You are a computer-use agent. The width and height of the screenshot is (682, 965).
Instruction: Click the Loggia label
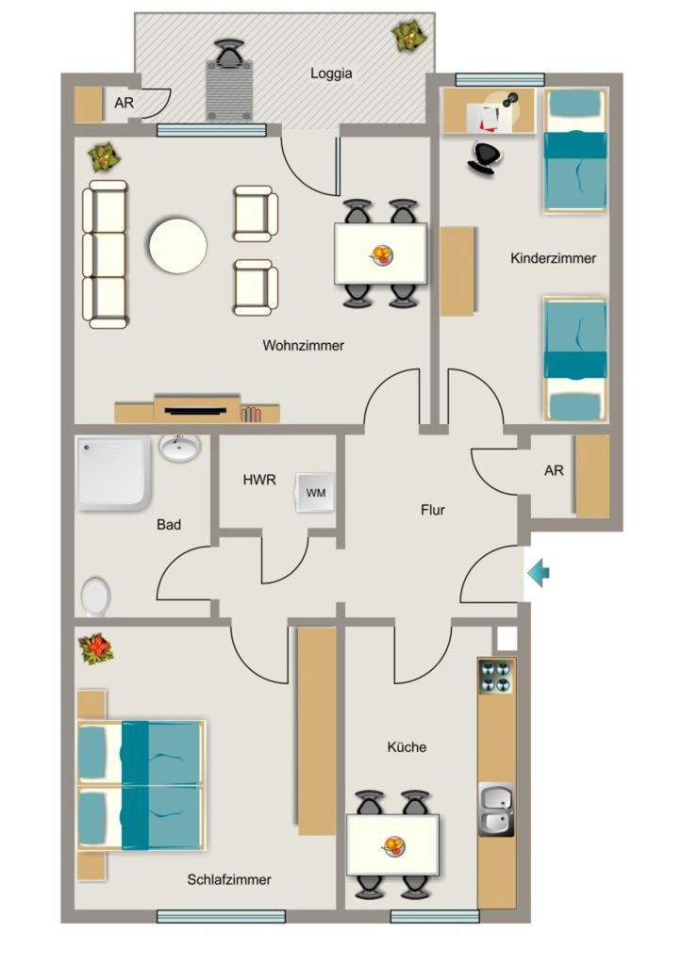point(331,74)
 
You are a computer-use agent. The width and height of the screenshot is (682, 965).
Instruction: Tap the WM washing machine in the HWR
point(315,492)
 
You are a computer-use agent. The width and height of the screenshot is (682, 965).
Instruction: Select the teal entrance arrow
point(538,574)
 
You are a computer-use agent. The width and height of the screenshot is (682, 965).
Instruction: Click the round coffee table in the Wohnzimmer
point(178,246)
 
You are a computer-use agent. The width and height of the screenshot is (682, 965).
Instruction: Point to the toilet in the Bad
point(95,596)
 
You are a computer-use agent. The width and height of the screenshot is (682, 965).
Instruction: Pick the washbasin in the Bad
point(179,447)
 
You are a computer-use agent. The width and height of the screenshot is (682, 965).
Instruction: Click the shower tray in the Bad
point(114,473)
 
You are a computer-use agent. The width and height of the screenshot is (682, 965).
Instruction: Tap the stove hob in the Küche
point(496,677)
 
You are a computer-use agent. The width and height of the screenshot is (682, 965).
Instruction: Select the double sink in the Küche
point(496,810)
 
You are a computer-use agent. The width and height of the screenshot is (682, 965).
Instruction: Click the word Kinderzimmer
point(553,258)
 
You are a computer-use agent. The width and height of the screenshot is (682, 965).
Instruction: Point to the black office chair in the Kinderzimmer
point(484,158)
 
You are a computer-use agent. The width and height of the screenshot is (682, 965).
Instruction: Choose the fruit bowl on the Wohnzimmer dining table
point(381,254)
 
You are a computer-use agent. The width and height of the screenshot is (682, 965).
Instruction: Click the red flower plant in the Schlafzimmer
point(95,649)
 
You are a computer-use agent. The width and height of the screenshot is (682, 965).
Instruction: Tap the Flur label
point(432,510)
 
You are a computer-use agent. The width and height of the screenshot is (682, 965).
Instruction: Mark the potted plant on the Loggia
point(409,36)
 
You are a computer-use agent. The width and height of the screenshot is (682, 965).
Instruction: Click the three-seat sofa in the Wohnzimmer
point(106,254)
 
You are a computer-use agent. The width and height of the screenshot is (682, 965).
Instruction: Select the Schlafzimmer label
point(229,879)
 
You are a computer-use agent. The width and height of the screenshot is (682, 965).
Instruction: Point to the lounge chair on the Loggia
point(230,80)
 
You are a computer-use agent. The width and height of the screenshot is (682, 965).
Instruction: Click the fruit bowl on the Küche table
point(394,845)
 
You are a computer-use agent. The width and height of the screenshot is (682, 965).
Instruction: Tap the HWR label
point(259,480)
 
